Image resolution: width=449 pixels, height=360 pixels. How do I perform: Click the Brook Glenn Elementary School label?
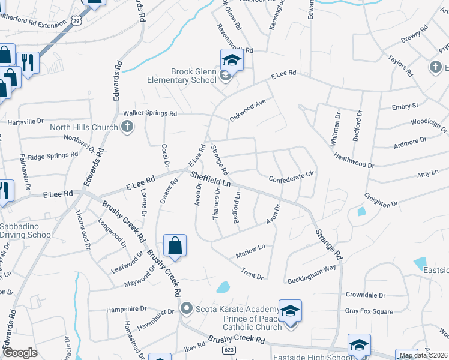(182, 76)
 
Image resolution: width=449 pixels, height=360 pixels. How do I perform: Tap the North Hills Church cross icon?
(127, 127)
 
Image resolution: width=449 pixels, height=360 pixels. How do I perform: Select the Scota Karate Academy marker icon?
(187, 310)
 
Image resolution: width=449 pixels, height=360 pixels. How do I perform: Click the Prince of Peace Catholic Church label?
(252, 323)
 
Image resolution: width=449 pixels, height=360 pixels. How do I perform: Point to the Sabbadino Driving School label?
(26, 230)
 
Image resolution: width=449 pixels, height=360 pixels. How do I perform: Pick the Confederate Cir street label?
(292, 179)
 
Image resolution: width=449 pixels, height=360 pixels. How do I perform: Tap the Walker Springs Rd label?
(150, 113)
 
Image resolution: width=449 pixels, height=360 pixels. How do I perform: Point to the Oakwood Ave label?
(247, 110)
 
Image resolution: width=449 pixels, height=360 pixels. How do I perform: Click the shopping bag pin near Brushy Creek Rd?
(175, 246)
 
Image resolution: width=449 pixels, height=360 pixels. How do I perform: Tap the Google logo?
(20, 353)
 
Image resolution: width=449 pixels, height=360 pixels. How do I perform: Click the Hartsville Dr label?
(25, 121)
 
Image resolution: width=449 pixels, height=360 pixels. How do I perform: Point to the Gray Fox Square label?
(369, 311)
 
